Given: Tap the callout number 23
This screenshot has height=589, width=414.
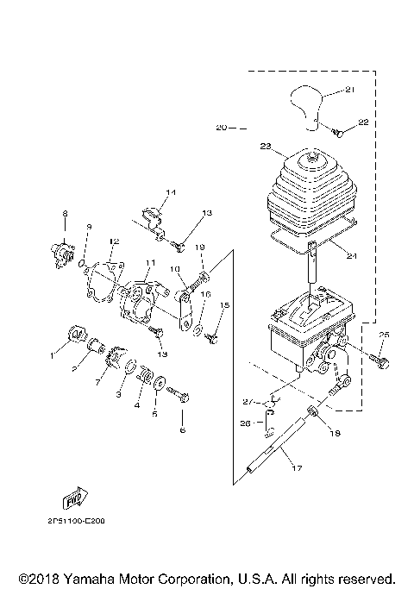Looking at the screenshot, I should coord(266,146).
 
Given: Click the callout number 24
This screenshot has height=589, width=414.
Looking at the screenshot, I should coord(350,254).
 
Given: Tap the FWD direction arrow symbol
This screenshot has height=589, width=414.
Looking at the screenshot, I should coord(74,499).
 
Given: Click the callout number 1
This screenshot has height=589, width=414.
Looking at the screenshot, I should coord(51,354).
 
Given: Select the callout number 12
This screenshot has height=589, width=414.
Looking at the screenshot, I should coord(114,241).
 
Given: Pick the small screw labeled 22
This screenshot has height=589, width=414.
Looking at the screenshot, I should coord(338,133).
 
